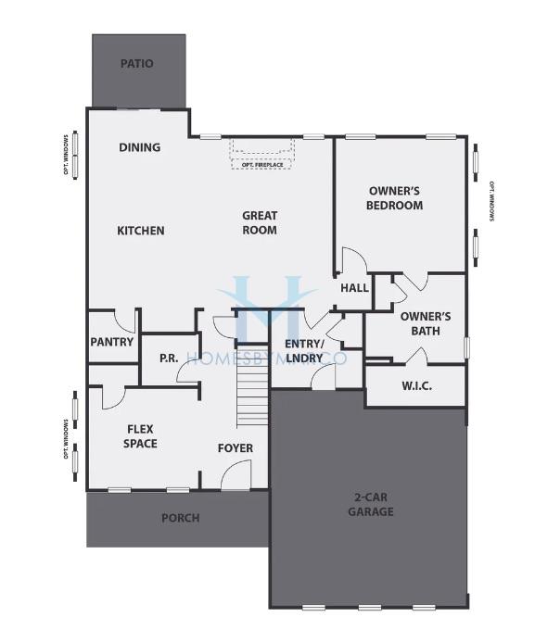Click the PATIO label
pos(137,64)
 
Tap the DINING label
pos(140,147)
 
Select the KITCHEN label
pos(140,231)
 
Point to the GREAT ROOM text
pos(260,223)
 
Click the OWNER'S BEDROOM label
pos(395,198)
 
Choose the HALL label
pos(354,288)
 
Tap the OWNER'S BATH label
pos(426,323)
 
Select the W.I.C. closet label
pos(416,386)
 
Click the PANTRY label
pos(112,342)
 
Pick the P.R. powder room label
pos(169,358)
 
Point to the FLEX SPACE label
pos(140,436)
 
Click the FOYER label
pos(236,449)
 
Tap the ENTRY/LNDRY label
pos(304,351)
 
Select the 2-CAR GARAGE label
pos(371,504)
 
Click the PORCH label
pos(181,518)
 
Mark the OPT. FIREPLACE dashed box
pos(262,154)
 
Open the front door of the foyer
pos(236,477)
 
